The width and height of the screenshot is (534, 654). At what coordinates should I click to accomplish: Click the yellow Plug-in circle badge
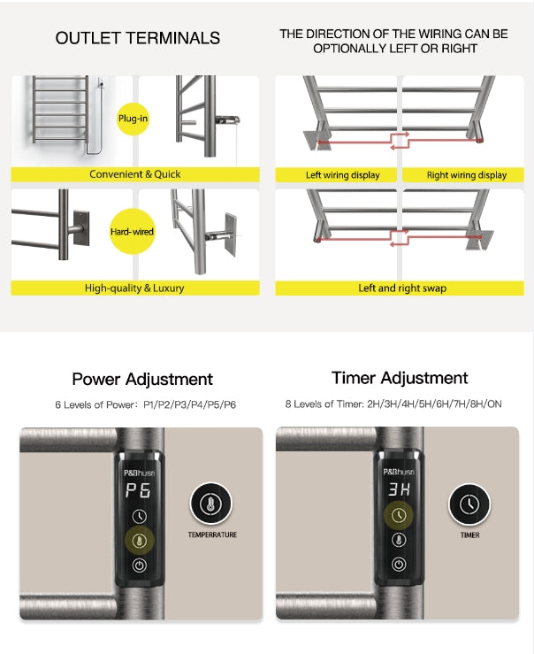coord(133,119)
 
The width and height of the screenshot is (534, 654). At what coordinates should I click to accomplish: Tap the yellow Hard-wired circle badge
coord(132,232)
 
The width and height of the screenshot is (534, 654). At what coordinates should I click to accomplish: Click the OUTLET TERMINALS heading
coord(138,38)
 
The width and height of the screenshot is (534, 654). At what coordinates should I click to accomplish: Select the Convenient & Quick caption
coord(135,174)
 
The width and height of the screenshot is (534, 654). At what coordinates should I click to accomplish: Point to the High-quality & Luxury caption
coord(134,288)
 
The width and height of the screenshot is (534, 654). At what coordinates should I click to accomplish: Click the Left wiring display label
coord(343,174)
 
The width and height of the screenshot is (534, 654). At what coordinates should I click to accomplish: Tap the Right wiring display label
coord(467,174)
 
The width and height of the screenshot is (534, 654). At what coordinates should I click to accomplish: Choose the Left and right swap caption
coord(402,288)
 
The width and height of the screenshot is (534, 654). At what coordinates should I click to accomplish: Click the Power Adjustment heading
coord(142,379)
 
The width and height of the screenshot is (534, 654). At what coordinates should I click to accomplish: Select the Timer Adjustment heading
coord(400,378)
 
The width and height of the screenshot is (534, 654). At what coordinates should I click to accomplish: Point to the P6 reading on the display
coord(138,490)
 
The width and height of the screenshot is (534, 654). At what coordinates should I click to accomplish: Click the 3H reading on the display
coord(399,489)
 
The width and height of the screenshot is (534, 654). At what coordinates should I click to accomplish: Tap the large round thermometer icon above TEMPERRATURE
coord(211,504)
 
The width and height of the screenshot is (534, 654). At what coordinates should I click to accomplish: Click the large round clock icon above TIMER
coord(469,504)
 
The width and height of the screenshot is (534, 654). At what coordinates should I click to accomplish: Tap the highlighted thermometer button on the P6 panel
coord(140,541)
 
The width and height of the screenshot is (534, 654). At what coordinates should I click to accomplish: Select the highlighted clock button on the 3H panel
coord(399,515)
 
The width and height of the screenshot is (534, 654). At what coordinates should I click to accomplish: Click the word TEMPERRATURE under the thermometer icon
coord(212,535)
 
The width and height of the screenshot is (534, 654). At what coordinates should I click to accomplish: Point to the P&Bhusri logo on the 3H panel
coord(399,472)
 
